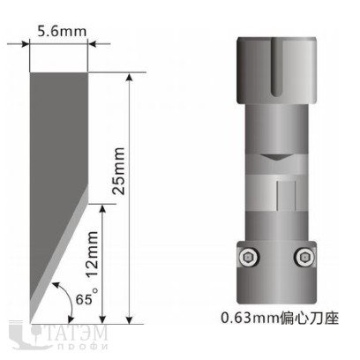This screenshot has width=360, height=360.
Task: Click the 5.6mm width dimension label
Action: [62, 32]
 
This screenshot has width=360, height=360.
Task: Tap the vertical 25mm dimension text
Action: [119, 171]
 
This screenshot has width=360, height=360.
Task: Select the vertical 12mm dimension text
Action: [93, 254]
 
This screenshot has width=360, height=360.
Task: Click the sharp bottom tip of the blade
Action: [30, 323]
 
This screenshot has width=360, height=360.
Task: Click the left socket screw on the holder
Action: [250, 258]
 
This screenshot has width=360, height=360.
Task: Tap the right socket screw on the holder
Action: [304, 258]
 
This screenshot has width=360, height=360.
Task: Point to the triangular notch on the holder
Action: [275, 157]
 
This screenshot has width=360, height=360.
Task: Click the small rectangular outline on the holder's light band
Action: [286, 196]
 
